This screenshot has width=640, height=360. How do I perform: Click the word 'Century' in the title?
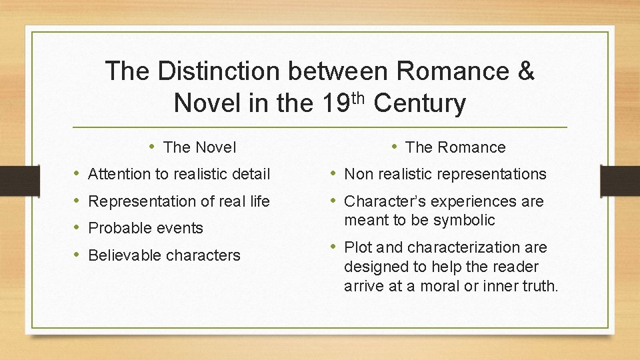(x=420, y=104)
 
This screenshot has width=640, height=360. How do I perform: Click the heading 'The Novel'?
(x=199, y=147)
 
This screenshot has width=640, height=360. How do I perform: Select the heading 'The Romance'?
(x=455, y=147)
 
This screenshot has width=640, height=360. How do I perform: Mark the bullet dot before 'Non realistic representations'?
(x=334, y=174)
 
